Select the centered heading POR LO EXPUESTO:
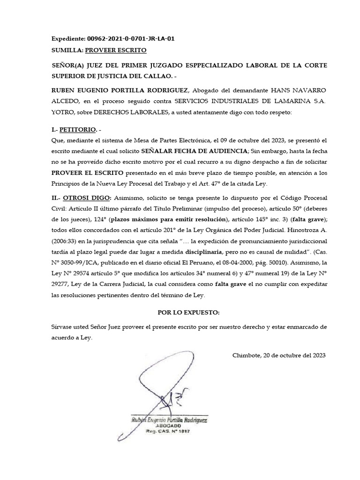pos(180,312)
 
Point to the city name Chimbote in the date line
pos(247,355)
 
